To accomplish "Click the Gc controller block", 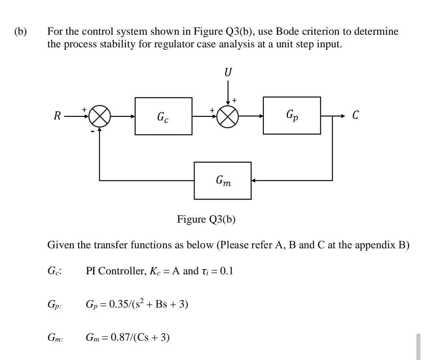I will click(x=164, y=116).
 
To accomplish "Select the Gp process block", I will click(x=291, y=116).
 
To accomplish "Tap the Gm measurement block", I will click(x=222, y=180).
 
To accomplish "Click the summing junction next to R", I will click(x=99, y=116).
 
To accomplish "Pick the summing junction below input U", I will click(x=228, y=116).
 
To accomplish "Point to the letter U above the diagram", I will click(x=228, y=73).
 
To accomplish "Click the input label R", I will click(x=57, y=116).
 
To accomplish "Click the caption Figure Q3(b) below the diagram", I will click(x=206, y=219).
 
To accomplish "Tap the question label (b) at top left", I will click(x=20, y=32).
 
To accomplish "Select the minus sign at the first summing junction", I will click(x=93, y=131).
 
